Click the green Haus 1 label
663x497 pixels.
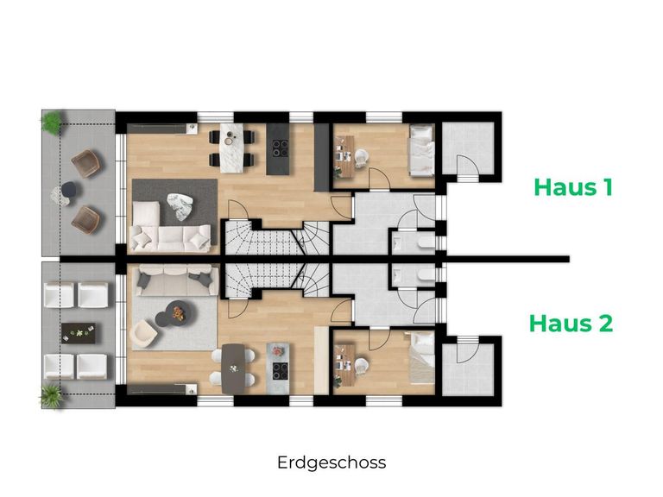click(x=572, y=186)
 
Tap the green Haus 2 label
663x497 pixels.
click(x=571, y=324)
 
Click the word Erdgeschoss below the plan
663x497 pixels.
click(x=331, y=462)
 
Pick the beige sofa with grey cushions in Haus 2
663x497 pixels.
click(x=172, y=279)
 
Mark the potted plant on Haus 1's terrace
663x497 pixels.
click(x=52, y=123)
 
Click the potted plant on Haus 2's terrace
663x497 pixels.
click(x=52, y=395)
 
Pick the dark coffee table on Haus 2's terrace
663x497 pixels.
click(x=77, y=331)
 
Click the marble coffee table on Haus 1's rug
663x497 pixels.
click(x=180, y=207)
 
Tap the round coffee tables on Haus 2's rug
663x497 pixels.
click(x=174, y=312)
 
